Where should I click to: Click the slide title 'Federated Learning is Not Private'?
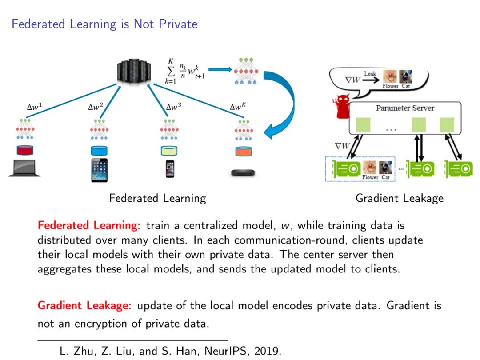pyautogui.click(x=104, y=24)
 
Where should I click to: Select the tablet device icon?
pyautogui.click(x=99, y=170)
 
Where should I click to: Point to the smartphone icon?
pyautogui.click(x=170, y=168)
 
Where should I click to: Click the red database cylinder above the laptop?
pyautogui.click(x=25, y=150)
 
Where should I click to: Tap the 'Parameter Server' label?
pyautogui.click(x=405, y=108)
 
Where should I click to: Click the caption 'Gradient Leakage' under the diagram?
pyautogui.click(x=399, y=198)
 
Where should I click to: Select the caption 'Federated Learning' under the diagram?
pyautogui.click(x=157, y=198)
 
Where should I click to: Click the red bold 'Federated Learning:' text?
pyautogui.click(x=89, y=226)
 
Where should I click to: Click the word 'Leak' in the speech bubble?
pyautogui.click(x=370, y=74)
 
